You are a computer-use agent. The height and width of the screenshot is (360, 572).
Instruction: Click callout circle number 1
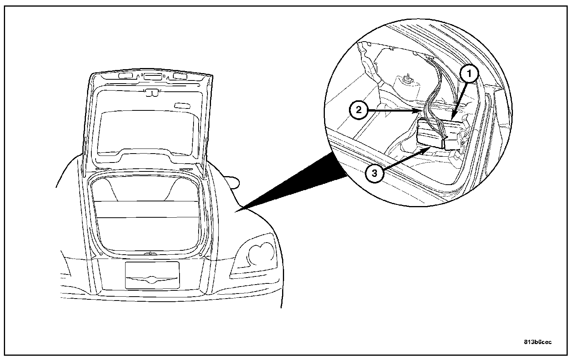click(469, 73)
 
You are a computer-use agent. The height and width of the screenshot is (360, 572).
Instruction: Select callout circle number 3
click(374, 173)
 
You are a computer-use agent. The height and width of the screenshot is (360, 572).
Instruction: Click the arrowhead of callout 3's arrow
click(430, 148)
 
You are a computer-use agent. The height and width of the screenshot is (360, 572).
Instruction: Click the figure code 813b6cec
click(537, 342)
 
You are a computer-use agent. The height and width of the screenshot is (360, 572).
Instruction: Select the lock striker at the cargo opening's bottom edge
click(150, 253)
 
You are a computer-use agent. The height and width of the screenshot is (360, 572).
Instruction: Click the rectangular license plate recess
click(152, 275)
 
